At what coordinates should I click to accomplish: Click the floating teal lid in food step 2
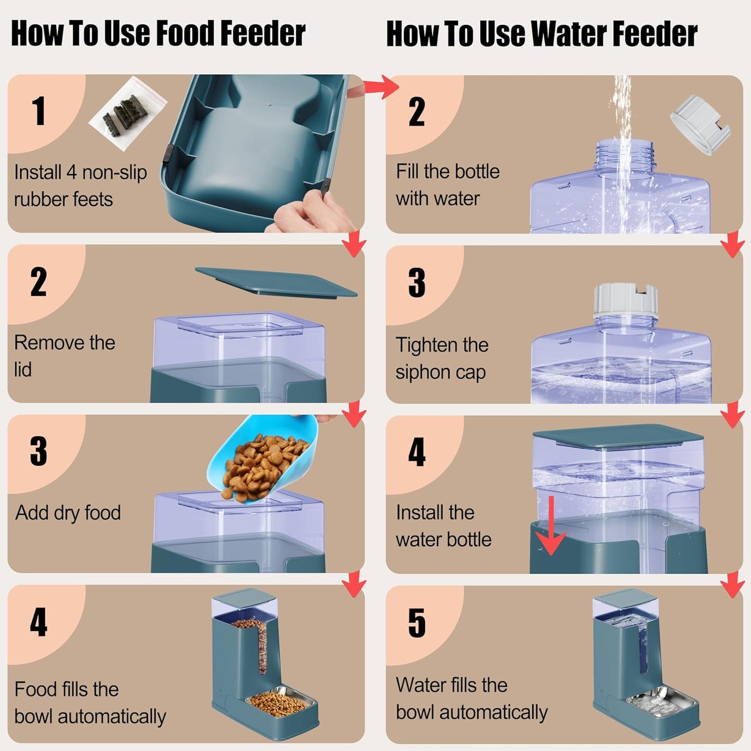click(x=275, y=281)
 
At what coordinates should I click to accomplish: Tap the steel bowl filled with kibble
click(x=281, y=702)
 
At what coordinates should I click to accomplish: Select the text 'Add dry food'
click(x=68, y=513)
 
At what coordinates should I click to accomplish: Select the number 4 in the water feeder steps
click(x=416, y=452)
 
